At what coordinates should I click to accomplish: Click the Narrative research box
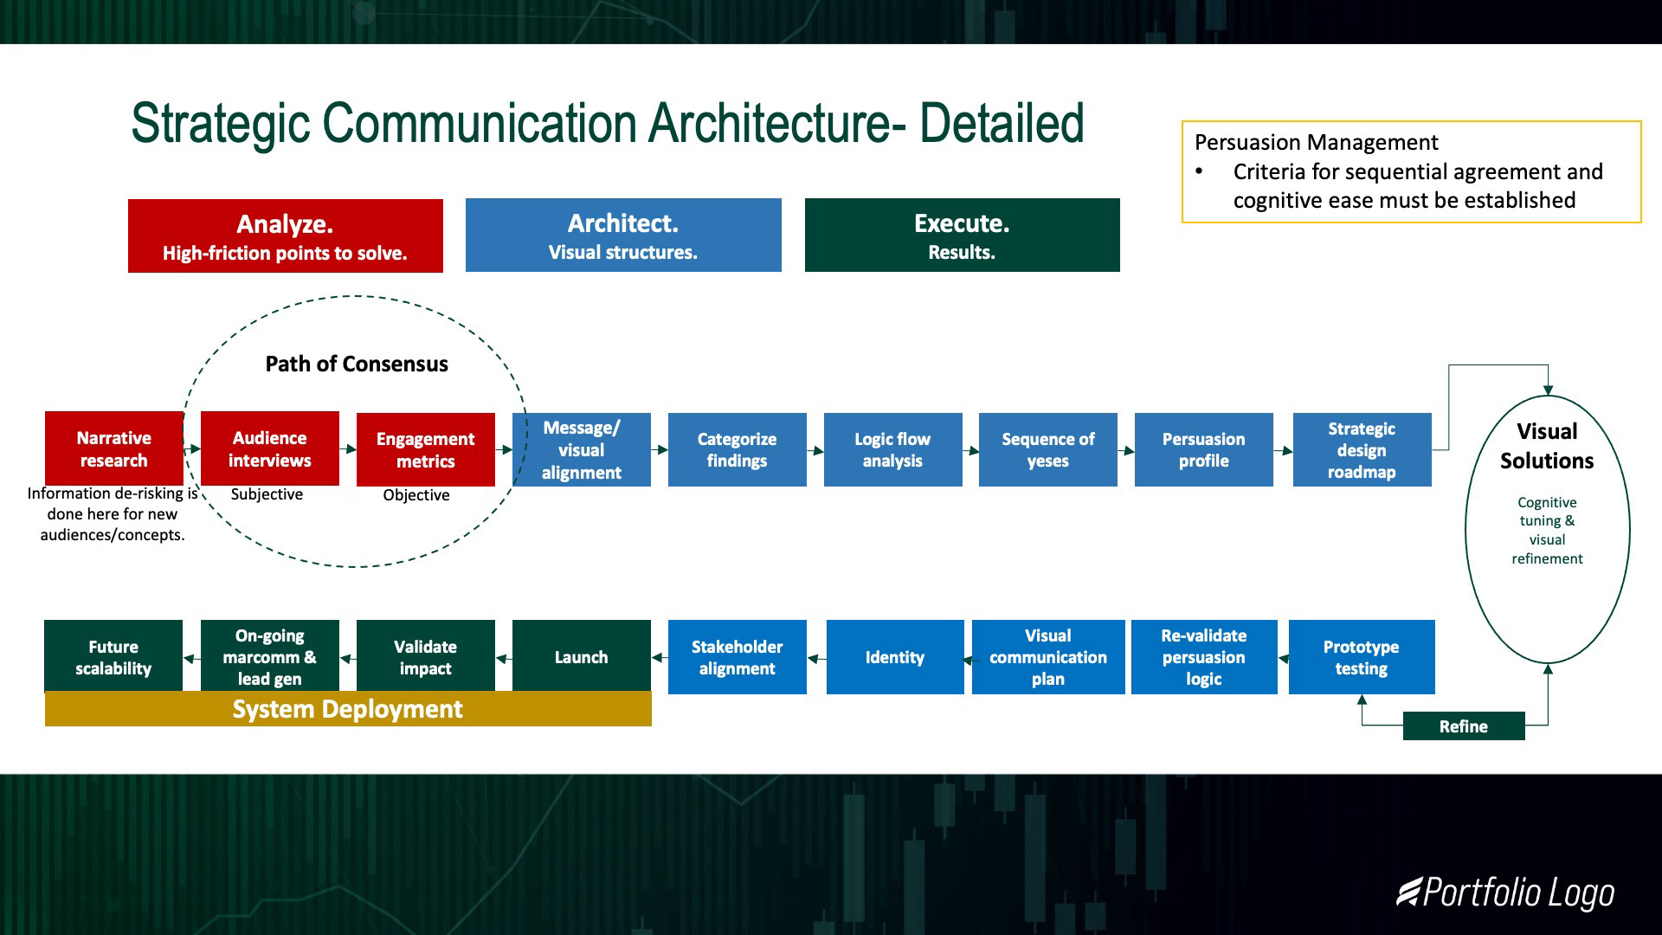pyautogui.click(x=113, y=448)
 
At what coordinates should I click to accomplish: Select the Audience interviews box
pyautogui.click(x=269, y=448)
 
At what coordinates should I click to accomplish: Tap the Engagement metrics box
pyautogui.click(x=425, y=449)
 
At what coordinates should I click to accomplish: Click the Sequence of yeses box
pyautogui.click(x=1047, y=449)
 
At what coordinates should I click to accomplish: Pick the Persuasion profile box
pyautogui.click(x=1203, y=449)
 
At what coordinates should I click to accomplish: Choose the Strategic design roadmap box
pyautogui.click(x=1361, y=449)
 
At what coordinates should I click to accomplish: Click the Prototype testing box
pyautogui.click(x=1361, y=657)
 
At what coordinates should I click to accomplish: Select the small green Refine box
pyautogui.click(x=1463, y=726)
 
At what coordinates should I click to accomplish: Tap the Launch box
pyautogui.click(x=581, y=656)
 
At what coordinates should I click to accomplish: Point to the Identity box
pyautogui.click(x=894, y=657)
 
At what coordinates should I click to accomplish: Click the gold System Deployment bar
pyautogui.click(x=347, y=709)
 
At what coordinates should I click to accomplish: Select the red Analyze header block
pyautogui.click(x=285, y=236)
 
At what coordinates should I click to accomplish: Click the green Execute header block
pyautogui.click(x=962, y=235)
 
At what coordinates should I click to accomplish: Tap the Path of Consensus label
pyautogui.click(x=357, y=364)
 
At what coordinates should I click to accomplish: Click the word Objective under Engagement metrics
pyautogui.click(x=416, y=495)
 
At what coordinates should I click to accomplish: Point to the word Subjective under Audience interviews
pyautogui.click(x=267, y=494)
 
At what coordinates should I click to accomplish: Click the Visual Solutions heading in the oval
pyautogui.click(x=1547, y=446)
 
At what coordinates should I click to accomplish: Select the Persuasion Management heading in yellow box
pyautogui.click(x=1316, y=142)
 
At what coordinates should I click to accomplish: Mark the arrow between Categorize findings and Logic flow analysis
pyautogui.click(x=815, y=450)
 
